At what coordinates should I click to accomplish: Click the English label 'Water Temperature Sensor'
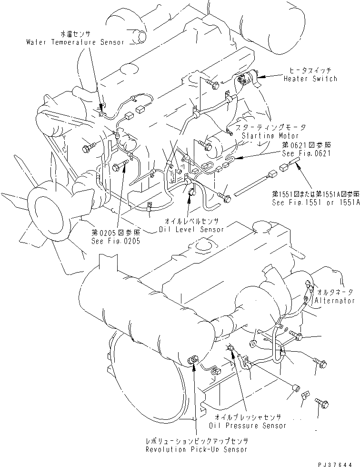click(x=75, y=42)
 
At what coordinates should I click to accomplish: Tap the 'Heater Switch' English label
click(x=310, y=79)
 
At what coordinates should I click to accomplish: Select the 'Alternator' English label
click(x=335, y=301)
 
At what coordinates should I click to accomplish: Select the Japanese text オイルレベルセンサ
click(x=191, y=222)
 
